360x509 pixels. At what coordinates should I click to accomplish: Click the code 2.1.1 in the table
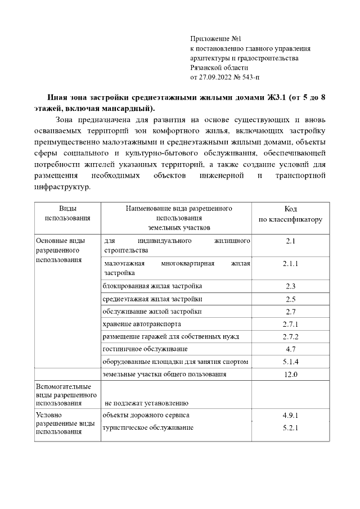290,263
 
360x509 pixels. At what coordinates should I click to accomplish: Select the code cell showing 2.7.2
290,336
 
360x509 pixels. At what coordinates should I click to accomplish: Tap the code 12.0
290,374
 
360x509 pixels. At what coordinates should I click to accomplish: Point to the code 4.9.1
290,416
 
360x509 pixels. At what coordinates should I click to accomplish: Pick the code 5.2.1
290,428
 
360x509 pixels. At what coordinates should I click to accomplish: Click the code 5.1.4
290,361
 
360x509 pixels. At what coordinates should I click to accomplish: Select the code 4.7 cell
290,349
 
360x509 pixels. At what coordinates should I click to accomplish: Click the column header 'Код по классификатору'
290,214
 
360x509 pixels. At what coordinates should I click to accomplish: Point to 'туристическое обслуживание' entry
147,428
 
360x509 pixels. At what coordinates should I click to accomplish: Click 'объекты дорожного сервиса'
145,416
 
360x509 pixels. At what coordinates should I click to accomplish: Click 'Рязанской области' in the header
219,67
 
